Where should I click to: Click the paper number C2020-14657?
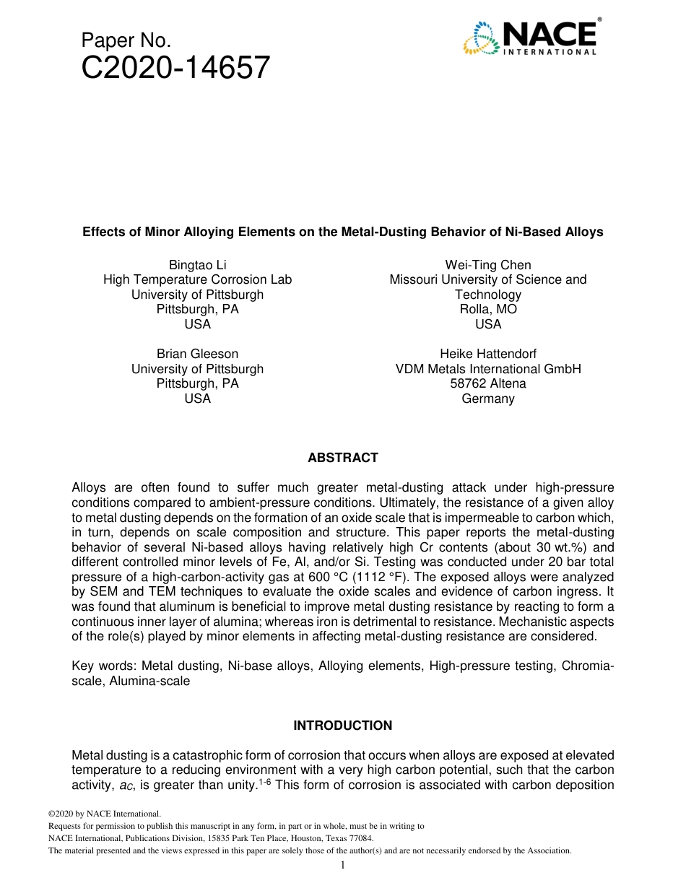175,68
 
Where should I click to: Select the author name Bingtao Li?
197,265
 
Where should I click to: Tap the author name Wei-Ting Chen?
487,265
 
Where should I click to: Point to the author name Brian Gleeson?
197,354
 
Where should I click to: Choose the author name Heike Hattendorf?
487,354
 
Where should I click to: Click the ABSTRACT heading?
342,458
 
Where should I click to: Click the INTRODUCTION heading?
342,726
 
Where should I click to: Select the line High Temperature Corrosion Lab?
197,279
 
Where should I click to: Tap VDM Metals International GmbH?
487,369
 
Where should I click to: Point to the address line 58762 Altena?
487,383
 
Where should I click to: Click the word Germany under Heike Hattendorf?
487,399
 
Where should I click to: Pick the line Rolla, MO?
487,309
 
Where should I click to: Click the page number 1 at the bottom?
342,865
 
